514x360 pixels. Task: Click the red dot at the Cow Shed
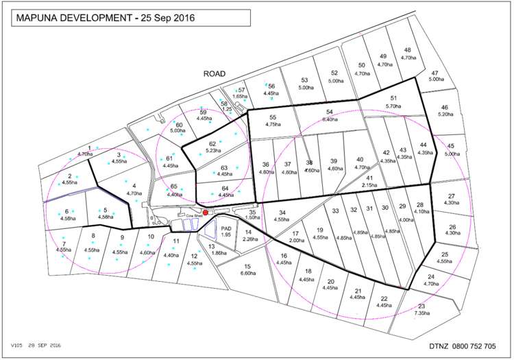pyautogui.click(x=205, y=213)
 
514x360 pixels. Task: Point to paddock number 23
pyautogui.click(x=421, y=306)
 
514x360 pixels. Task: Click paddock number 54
pyautogui.click(x=329, y=112)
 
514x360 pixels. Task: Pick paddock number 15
pyautogui.click(x=248, y=266)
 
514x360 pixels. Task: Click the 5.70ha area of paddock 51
pyautogui.click(x=393, y=106)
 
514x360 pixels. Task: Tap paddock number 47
pyautogui.click(x=435, y=73)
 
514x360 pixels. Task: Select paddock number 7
pyautogui.click(x=63, y=243)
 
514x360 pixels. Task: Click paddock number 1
pyautogui.click(x=90, y=147)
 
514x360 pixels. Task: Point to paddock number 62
pyautogui.click(x=212, y=143)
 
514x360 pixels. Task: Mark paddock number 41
pyautogui.click(x=370, y=177)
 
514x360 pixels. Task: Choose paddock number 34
pyautogui.click(x=282, y=213)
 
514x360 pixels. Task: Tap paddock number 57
pyautogui.click(x=241, y=90)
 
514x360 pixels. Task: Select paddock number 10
pyautogui.click(x=150, y=237)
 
